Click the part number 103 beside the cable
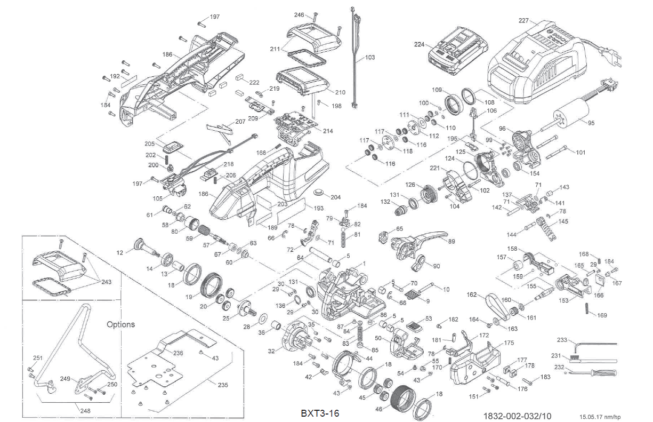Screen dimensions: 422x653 (x=369, y=57)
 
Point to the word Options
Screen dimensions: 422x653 (x=120, y=324)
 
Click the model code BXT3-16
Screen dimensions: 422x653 (x=319, y=413)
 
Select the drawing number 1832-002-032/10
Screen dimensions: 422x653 (x=517, y=415)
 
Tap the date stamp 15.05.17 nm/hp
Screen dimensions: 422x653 (x=600, y=417)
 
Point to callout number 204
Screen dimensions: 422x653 (x=336, y=197)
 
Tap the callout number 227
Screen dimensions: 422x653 (x=523, y=21)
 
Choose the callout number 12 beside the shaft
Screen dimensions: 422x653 (x=120, y=252)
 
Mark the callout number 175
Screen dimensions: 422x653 (x=509, y=343)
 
